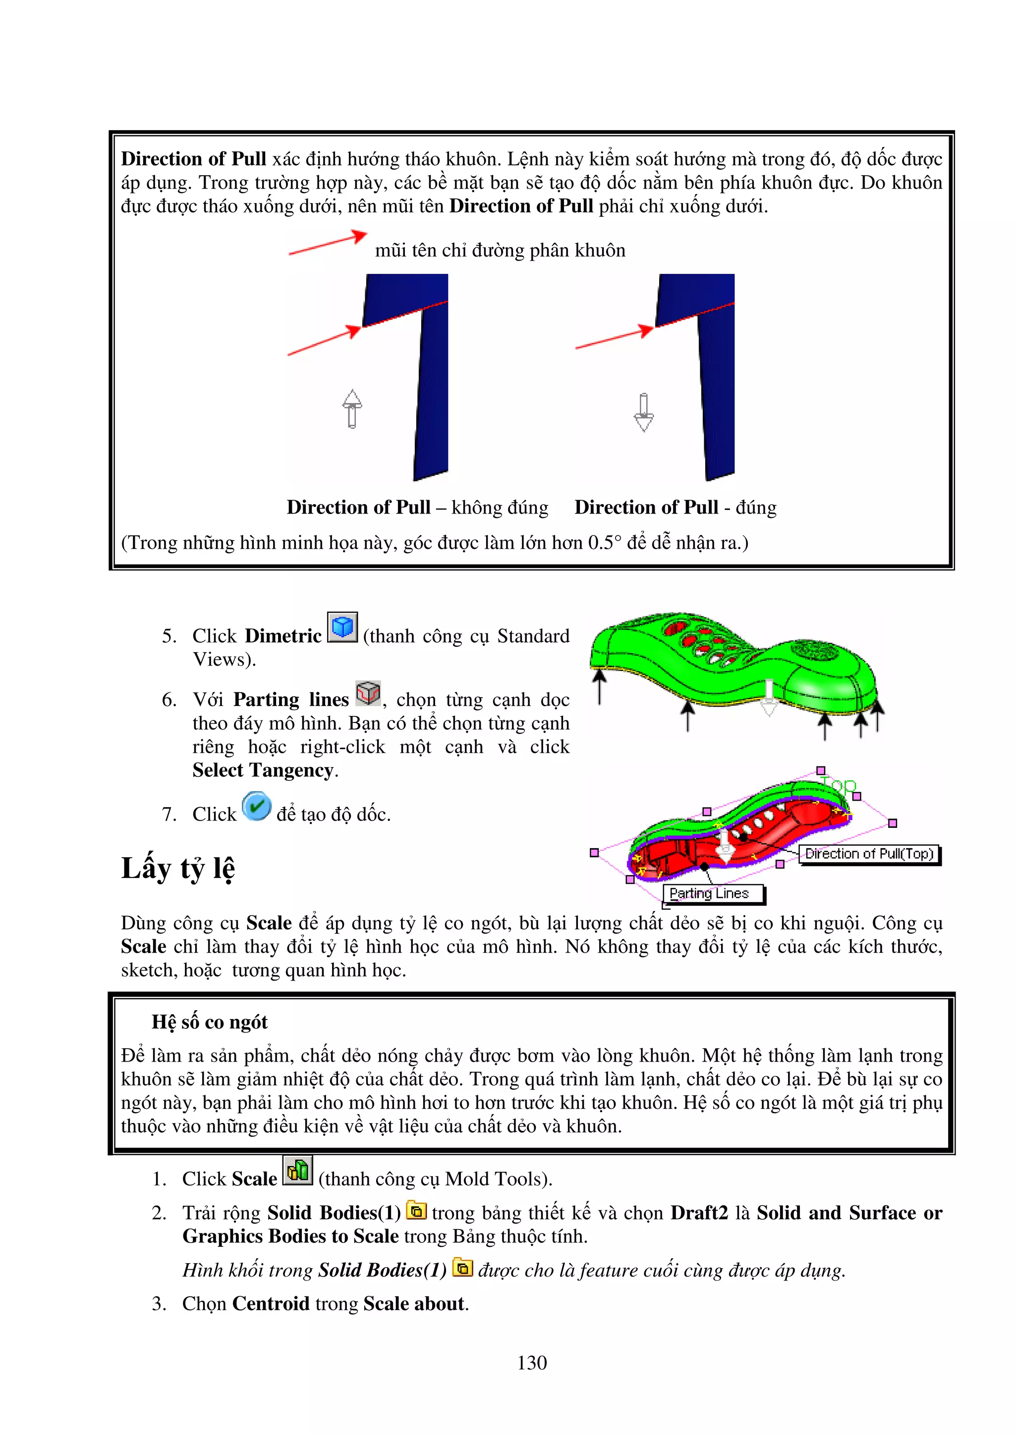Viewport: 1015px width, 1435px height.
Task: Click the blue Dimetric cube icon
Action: pos(342,627)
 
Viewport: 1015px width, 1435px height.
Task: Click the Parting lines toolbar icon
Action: pos(368,693)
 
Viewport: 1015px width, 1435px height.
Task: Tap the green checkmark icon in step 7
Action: pos(256,806)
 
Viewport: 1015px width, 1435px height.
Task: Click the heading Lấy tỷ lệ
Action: pos(178,868)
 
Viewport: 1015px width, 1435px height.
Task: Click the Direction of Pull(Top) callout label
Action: pos(869,854)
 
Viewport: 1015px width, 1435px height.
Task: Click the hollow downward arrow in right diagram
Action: pos(643,412)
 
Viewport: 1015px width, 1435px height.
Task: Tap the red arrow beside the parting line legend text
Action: pos(328,243)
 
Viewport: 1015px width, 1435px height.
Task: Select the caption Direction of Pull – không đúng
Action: pos(417,507)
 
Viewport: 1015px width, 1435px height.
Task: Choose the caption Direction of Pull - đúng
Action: pos(675,507)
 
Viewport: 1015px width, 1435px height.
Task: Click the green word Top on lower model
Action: pos(838,784)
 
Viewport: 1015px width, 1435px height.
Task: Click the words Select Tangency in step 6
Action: pos(263,770)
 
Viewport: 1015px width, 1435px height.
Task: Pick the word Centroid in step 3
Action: pos(271,1303)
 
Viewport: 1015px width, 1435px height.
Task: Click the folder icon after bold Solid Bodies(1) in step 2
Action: pos(416,1211)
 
